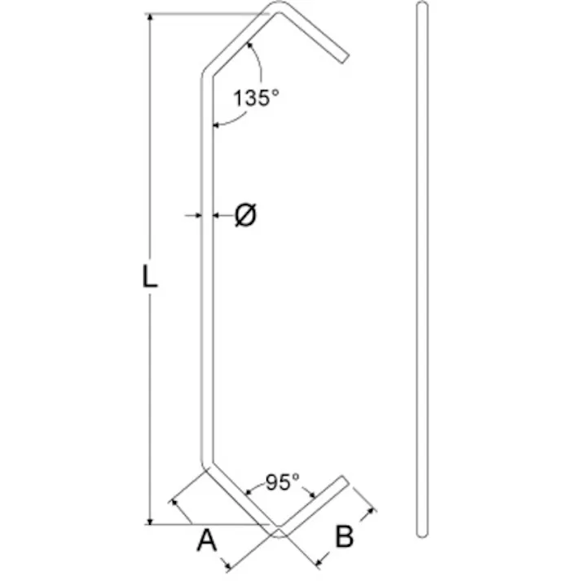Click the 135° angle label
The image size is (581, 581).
[x=256, y=98]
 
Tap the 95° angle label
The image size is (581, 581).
[x=279, y=482]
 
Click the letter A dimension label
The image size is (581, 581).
[x=207, y=539]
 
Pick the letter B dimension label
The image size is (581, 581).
[x=345, y=537]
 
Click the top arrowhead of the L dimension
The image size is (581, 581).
[x=150, y=18]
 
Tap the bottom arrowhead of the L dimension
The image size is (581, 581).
[x=150, y=519]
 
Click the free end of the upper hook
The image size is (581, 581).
[x=345, y=58]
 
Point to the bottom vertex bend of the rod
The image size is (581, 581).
[x=278, y=533]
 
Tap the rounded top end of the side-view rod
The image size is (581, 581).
[x=421, y=7]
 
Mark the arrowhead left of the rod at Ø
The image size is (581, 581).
[x=197, y=215]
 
